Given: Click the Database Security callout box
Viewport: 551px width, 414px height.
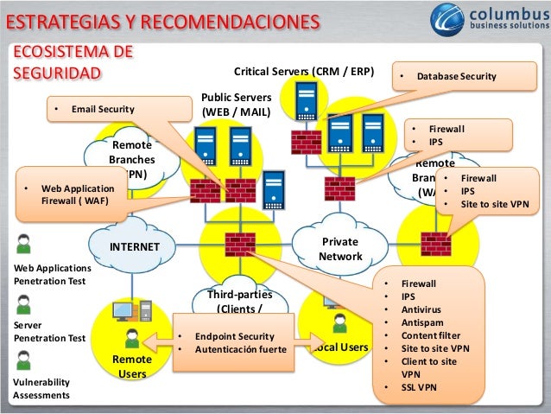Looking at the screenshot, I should [x=456, y=77].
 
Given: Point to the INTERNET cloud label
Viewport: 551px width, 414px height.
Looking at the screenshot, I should [x=135, y=246].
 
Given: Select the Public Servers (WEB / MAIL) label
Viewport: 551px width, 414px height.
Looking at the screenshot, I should [x=236, y=105].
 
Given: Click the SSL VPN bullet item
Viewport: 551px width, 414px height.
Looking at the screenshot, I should [x=421, y=386].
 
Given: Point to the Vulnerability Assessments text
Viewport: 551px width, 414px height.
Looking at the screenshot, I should [x=41, y=389].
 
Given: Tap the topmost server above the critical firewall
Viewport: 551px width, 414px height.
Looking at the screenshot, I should [x=305, y=101].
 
